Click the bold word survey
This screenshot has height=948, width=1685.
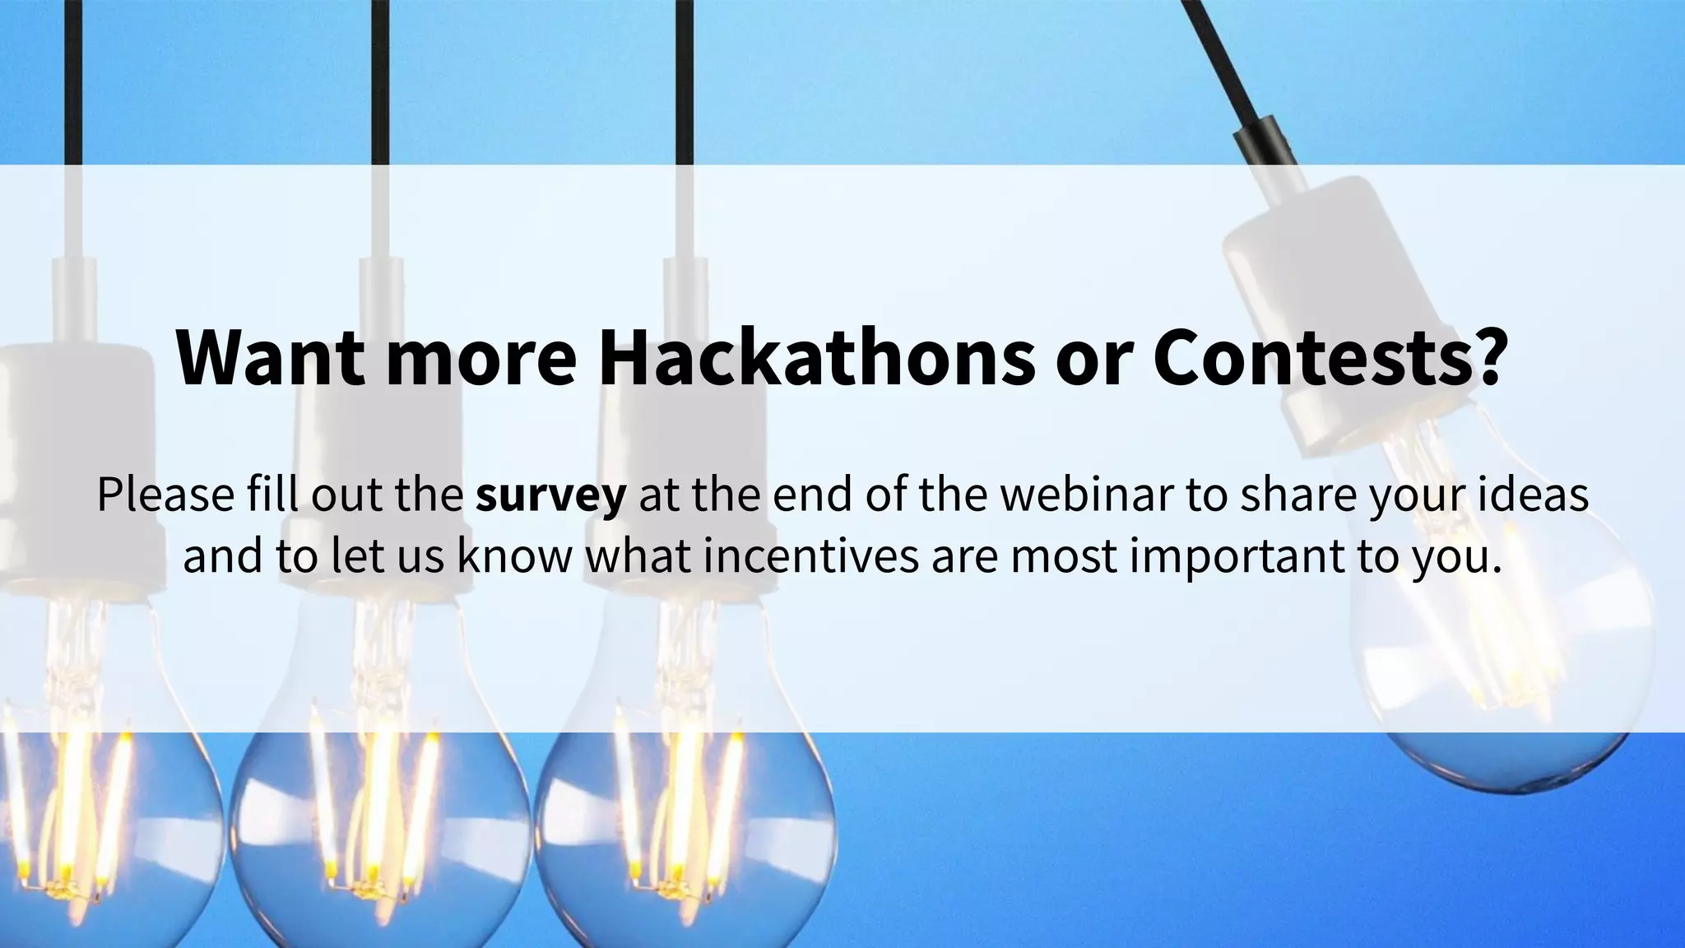point(550,495)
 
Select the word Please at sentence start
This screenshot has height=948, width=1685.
point(164,495)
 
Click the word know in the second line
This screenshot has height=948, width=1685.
point(514,555)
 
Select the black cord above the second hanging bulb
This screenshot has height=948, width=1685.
point(379,82)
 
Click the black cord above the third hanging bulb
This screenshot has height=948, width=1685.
point(684,82)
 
